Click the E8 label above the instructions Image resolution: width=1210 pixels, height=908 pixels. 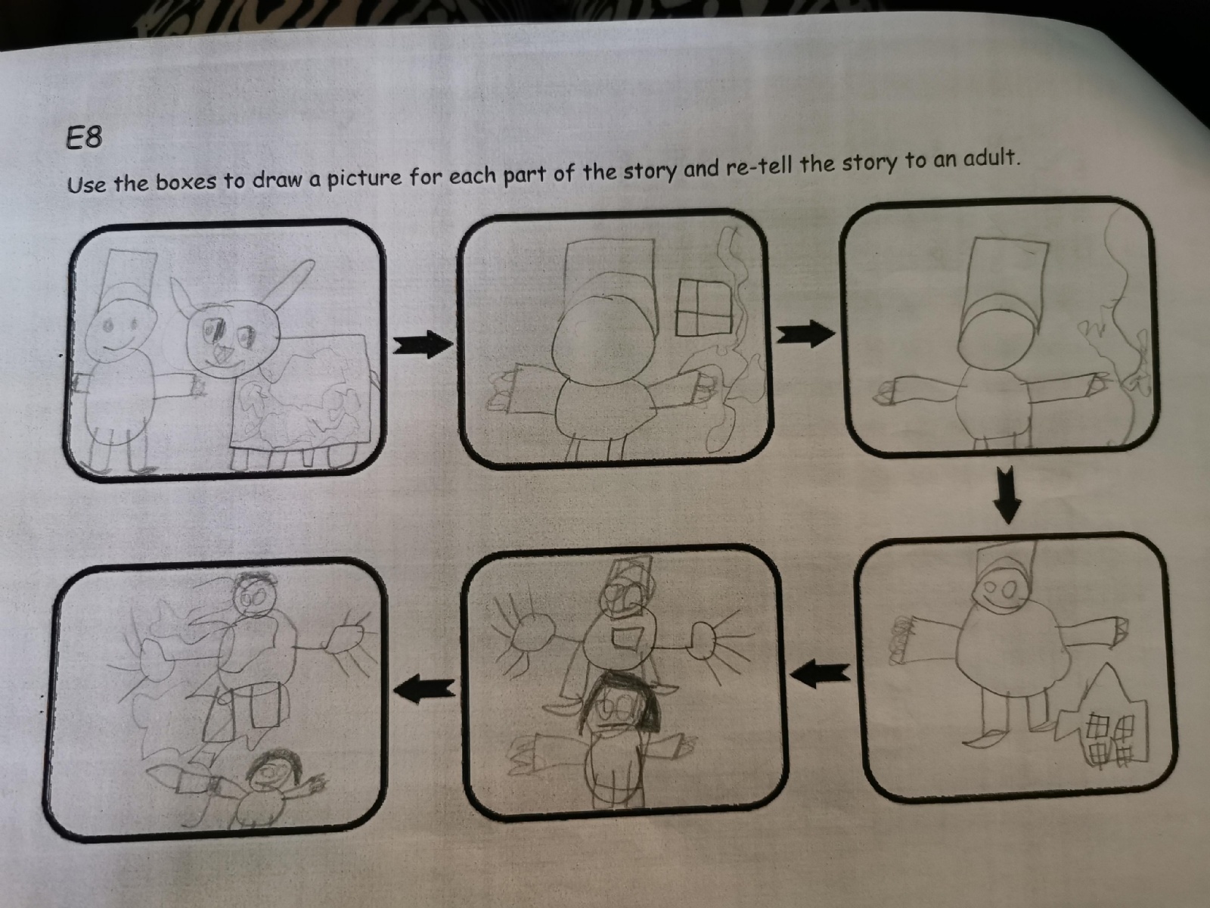(x=84, y=138)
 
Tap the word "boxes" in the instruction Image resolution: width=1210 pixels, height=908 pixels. (x=186, y=181)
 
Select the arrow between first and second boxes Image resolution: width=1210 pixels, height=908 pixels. (x=422, y=344)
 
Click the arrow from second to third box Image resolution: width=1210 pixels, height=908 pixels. (x=805, y=334)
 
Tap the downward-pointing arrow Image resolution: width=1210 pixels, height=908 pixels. (x=1007, y=495)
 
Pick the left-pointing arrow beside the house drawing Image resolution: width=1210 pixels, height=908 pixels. (x=821, y=674)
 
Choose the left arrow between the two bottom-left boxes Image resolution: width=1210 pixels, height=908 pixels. (x=424, y=689)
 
